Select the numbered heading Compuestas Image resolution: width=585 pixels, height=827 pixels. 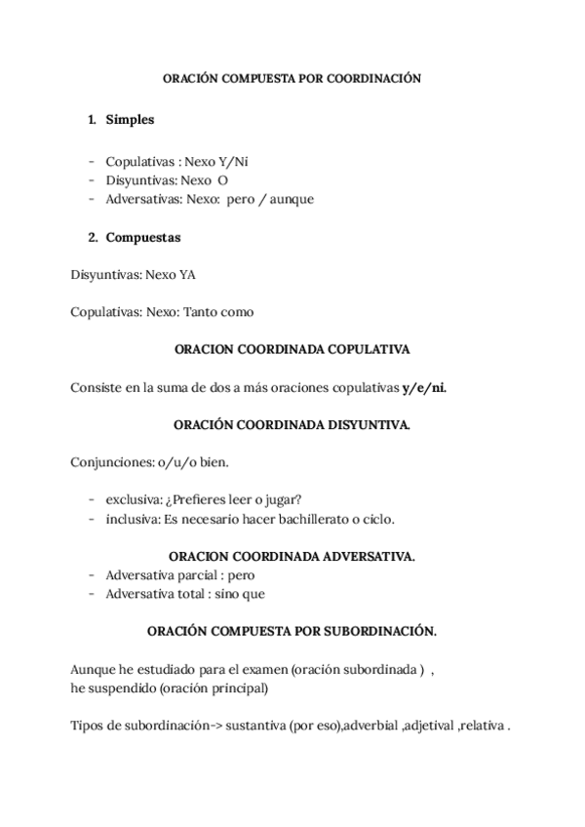point(142,237)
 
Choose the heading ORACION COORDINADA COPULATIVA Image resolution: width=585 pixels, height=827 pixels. point(292,348)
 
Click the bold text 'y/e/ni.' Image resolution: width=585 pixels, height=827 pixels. point(424,386)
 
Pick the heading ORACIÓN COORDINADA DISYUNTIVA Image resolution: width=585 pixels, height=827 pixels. point(292,424)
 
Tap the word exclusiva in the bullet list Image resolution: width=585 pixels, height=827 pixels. point(132,499)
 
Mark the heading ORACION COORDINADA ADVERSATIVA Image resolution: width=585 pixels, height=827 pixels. point(292,556)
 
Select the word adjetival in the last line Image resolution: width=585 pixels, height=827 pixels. point(431,726)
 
